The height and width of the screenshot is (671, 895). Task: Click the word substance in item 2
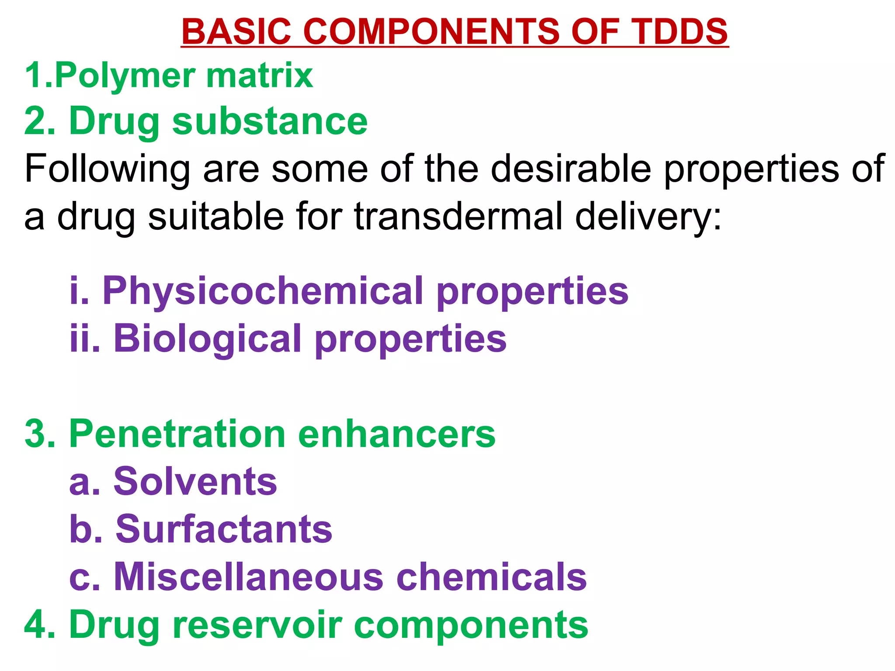[270, 121]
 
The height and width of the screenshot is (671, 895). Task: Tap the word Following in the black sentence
[107, 169]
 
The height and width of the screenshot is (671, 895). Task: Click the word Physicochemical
[264, 292]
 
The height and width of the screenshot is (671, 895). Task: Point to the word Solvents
[195, 481]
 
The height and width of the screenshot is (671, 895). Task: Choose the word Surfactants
[223, 529]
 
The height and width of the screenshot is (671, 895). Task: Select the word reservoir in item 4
[257, 625]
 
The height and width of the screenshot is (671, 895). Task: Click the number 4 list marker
[38, 625]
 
